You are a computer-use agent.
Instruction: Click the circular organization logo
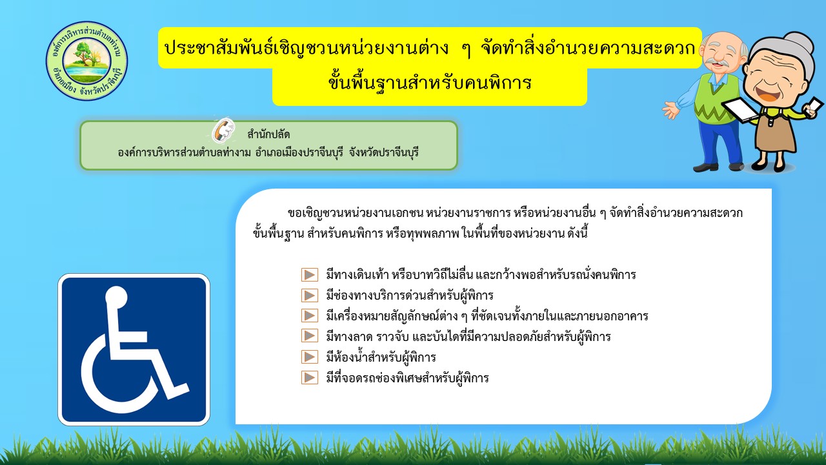point(86,61)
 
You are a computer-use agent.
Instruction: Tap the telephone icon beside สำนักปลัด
point(223,130)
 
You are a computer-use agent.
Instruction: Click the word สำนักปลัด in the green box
point(268,134)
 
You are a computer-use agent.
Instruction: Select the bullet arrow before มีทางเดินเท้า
point(309,275)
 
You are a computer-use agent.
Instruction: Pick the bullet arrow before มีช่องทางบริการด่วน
point(309,296)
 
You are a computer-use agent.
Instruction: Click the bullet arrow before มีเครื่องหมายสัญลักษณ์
point(309,316)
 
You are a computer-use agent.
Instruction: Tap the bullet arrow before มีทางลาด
point(309,336)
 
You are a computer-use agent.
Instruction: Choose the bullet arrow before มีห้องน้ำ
point(309,357)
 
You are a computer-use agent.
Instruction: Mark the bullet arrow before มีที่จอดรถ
point(309,378)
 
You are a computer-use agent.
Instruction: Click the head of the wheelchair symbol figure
point(116,297)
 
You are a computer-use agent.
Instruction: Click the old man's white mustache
point(716,63)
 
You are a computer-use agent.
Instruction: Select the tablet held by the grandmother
point(740,110)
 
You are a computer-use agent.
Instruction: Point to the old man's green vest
point(716,99)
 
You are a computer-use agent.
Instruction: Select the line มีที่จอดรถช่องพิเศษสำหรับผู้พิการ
point(407,378)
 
